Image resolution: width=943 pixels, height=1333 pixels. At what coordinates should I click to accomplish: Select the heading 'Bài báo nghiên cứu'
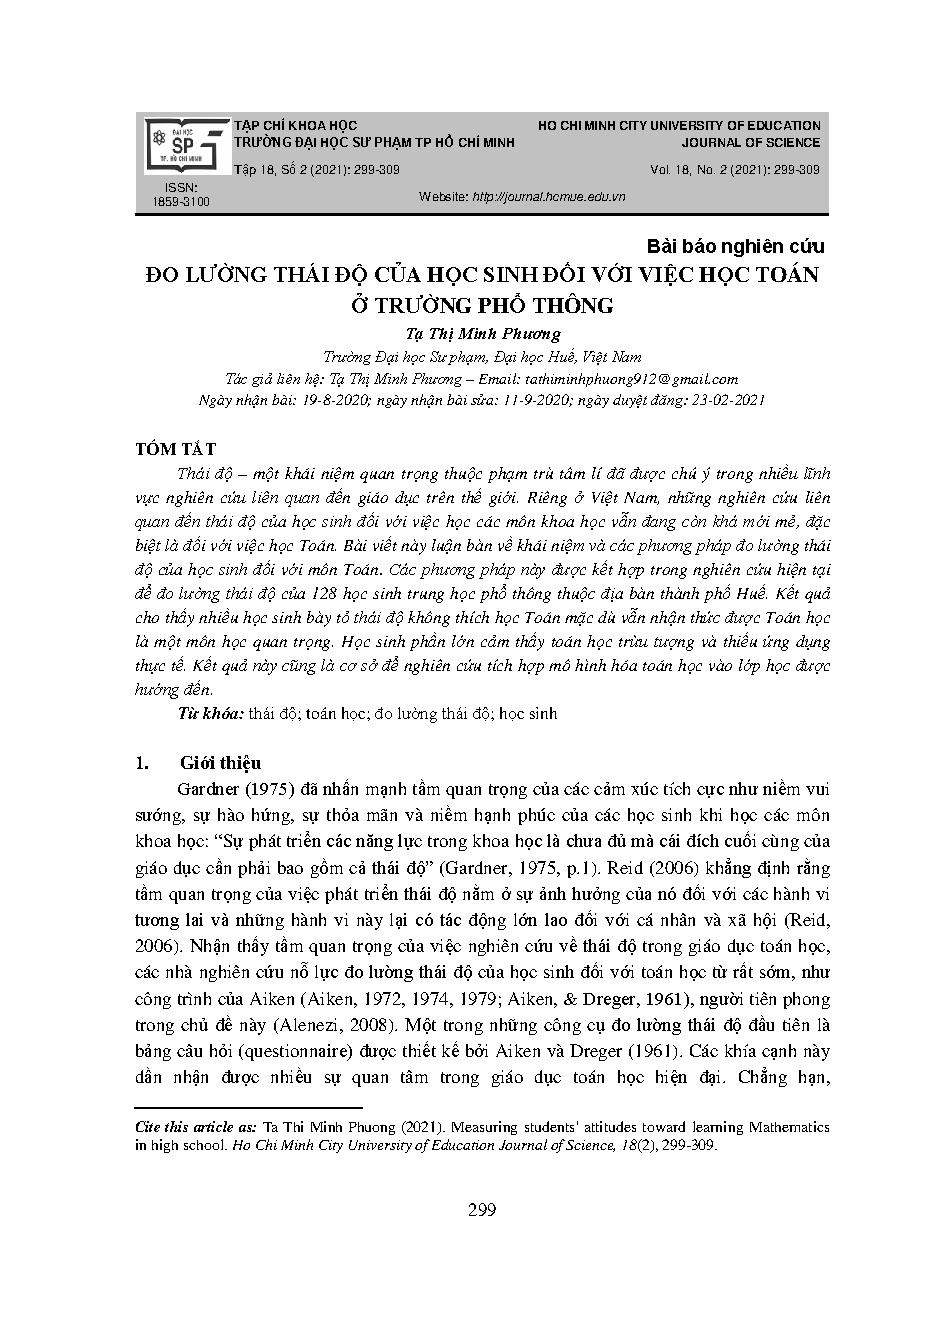735,246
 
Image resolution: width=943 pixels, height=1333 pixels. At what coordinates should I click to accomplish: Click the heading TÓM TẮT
175,450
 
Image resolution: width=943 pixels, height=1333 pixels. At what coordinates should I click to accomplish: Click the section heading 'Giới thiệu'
220,763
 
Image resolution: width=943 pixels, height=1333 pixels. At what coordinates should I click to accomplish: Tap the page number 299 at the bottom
482,1211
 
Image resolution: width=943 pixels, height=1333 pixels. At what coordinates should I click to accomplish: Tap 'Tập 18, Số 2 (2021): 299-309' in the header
317,170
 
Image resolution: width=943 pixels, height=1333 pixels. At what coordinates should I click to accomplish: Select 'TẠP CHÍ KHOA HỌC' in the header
295,126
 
